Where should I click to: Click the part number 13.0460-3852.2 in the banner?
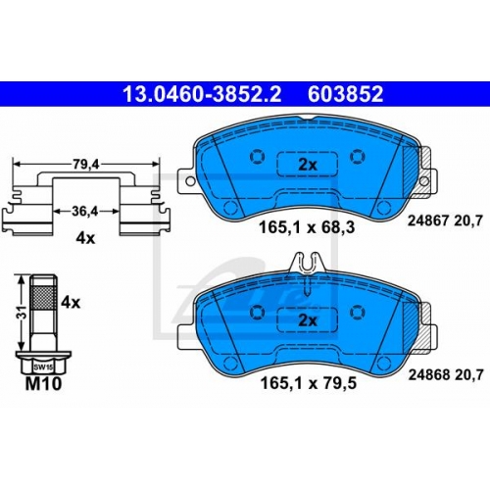(x=202, y=94)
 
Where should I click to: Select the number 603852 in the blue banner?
(x=345, y=94)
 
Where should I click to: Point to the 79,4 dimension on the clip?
(x=86, y=165)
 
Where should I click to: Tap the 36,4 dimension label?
(x=85, y=212)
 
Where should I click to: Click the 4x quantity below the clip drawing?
(x=85, y=238)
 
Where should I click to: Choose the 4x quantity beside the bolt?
(x=71, y=303)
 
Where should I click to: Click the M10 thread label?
(x=43, y=383)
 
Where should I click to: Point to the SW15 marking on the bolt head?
(x=43, y=367)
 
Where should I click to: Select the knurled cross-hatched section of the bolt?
(x=43, y=297)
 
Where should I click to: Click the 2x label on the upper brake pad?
(x=308, y=165)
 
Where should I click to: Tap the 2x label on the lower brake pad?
(x=308, y=320)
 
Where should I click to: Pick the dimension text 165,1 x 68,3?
(x=307, y=227)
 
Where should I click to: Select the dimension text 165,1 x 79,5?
(x=308, y=383)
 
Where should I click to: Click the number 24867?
(x=428, y=221)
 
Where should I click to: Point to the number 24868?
(x=429, y=375)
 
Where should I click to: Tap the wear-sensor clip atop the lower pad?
(x=308, y=263)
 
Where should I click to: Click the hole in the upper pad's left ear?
(x=190, y=180)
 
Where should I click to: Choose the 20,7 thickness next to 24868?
(x=468, y=375)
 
